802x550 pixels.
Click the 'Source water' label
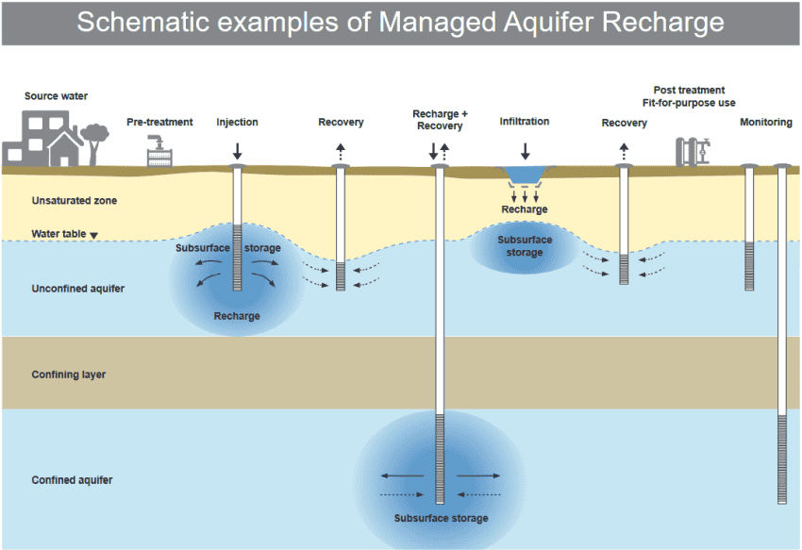click(x=57, y=96)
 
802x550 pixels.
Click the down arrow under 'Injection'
click(x=237, y=149)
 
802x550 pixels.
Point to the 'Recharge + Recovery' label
click(x=439, y=120)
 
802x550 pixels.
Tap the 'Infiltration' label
click(x=525, y=122)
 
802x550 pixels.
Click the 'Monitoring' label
click(x=765, y=123)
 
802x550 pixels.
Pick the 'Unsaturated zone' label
click(x=75, y=201)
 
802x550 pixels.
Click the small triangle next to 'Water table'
click(x=93, y=236)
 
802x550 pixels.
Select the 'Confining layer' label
click(x=69, y=375)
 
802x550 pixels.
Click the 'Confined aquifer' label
click(x=73, y=480)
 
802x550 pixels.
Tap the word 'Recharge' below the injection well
click(x=237, y=316)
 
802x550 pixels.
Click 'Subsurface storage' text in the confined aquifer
click(x=442, y=519)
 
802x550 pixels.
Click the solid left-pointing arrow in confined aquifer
click(x=401, y=475)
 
